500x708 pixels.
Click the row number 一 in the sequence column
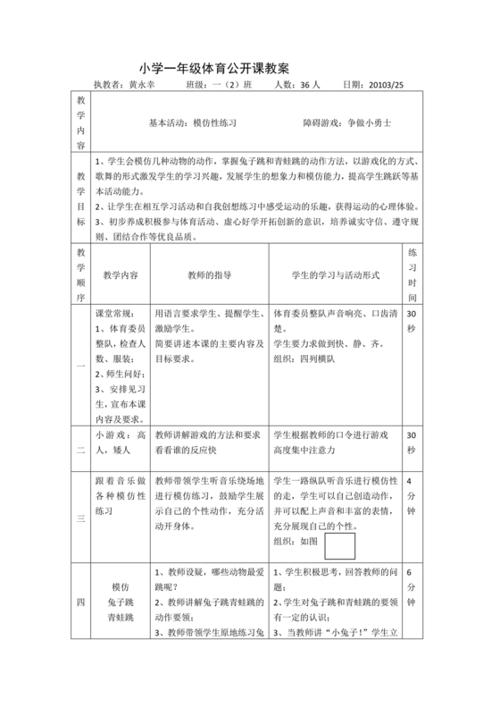pyautogui.click(x=80, y=366)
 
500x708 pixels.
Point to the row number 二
pyautogui.click(x=80, y=451)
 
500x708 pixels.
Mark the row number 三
pyautogui.click(x=80, y=518)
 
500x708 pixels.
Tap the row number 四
pyautogui.click(x=80, y=604)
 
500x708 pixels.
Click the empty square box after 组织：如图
pyautogui.click(x=339, y=545)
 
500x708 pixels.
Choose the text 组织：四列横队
pyautogui.click(x=304, y=359)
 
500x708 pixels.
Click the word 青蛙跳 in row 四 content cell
pyautogui.click(x=121, y=617)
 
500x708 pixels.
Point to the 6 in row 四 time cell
pyautogui.click(x=410, y=573)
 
